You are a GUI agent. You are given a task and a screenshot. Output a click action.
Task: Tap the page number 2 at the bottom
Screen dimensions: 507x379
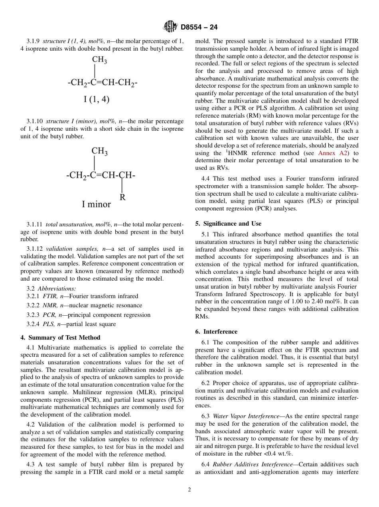click(x=189, y=490)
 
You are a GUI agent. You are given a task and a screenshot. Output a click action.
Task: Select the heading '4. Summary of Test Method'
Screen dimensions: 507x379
click(x=60, y=337)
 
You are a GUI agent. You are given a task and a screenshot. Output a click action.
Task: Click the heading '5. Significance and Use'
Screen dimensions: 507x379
click(x=228, y=224)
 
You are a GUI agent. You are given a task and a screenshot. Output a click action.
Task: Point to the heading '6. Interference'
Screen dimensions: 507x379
click(x=220, y=332)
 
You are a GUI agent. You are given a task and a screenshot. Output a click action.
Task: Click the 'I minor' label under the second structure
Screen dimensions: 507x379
click(x=96, y=204)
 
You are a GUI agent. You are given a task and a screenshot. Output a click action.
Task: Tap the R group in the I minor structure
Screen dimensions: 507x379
click(x=122, y=197)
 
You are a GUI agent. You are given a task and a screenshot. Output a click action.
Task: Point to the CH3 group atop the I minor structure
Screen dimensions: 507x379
click(x=99, y=151)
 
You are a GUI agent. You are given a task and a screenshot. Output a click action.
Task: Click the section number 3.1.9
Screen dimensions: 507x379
click(x=34, y=41)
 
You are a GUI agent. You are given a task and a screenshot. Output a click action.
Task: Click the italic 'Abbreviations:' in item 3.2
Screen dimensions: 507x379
click(x=57, y=289)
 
